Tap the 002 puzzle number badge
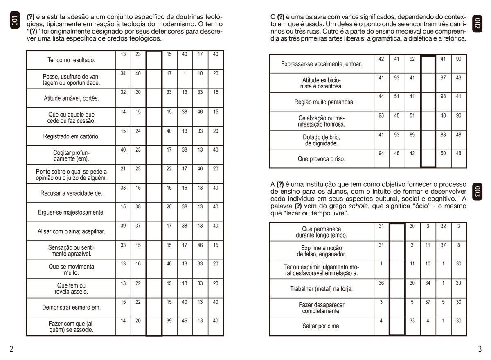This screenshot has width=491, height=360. point(477,24)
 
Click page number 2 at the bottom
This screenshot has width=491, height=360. point(11,349)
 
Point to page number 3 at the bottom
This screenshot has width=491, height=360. point(480,349)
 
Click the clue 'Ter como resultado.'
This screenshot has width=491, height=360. point(71,60)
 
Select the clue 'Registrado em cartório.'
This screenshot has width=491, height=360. point(71,136)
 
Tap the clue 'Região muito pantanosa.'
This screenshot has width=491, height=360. point(321,102)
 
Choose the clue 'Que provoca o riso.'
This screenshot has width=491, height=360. point(321,159)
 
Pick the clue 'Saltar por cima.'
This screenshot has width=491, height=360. point(321,326)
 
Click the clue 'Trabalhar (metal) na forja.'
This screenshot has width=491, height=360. point(321,289)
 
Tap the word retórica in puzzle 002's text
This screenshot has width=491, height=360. point(453,38)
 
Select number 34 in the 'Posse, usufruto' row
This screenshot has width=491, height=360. point(123,73)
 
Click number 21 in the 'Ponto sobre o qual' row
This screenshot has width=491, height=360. point(123,169)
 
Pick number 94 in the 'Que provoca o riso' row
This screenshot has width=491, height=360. point(381,154)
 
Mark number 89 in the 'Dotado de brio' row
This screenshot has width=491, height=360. point(412,135)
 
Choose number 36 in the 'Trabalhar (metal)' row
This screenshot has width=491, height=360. point(381,283)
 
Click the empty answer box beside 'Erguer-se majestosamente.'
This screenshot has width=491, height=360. point(154,212)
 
